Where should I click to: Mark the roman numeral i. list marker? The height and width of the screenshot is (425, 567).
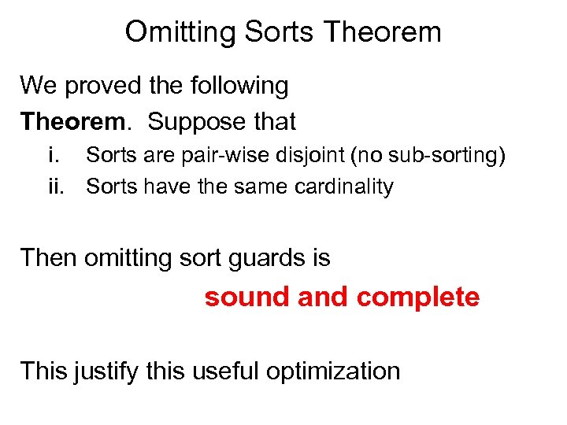coord(54,156)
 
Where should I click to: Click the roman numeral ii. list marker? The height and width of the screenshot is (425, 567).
coord(55,187)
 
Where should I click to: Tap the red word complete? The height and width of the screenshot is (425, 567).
coord(417,297)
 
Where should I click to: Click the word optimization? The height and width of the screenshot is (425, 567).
coord(334,371)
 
